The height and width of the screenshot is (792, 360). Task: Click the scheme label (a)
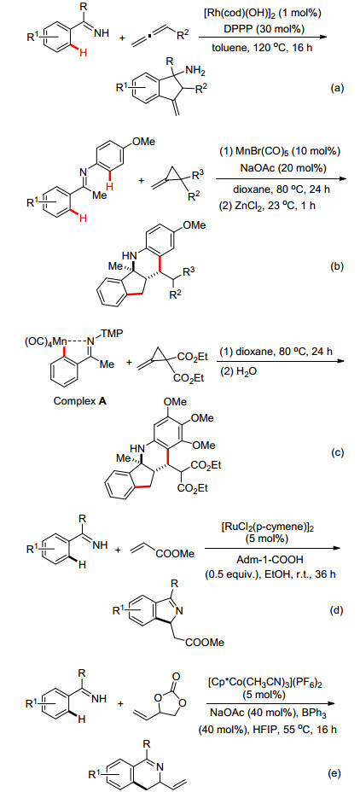click(337, 89)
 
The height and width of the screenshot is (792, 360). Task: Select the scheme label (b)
click(337, 266)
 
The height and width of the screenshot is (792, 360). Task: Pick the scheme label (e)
click(337, 773)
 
